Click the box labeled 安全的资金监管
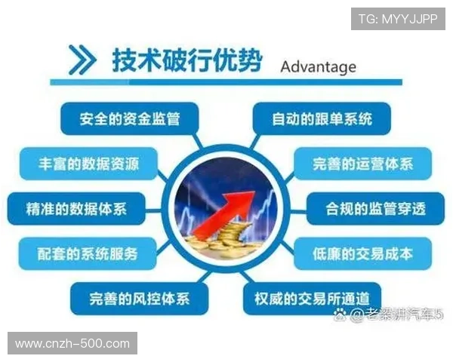tap(128, 118)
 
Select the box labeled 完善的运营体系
tap(362, 163)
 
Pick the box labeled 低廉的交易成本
tap(362, 253)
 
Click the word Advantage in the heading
tap(318, 66)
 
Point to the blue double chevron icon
tap(82, 60)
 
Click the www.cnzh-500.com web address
tap(72, 344)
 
